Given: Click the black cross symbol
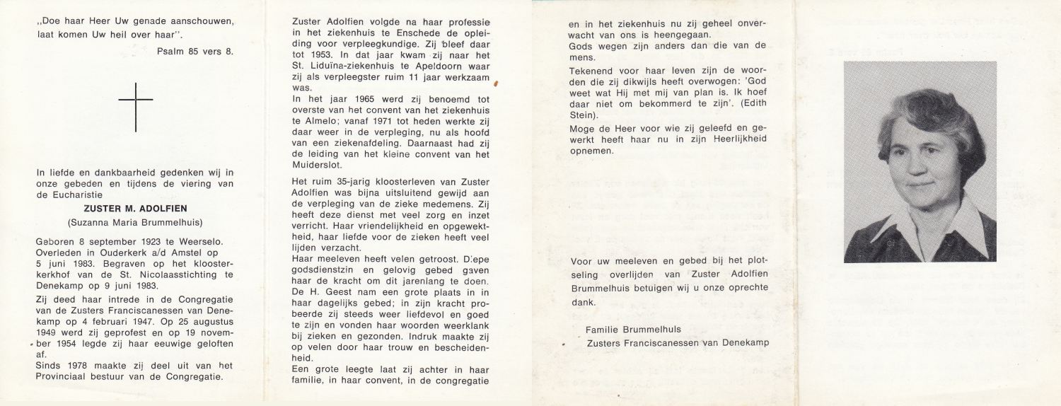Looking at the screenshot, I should point(135,107).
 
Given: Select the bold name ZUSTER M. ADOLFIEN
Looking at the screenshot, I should point(134,209).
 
